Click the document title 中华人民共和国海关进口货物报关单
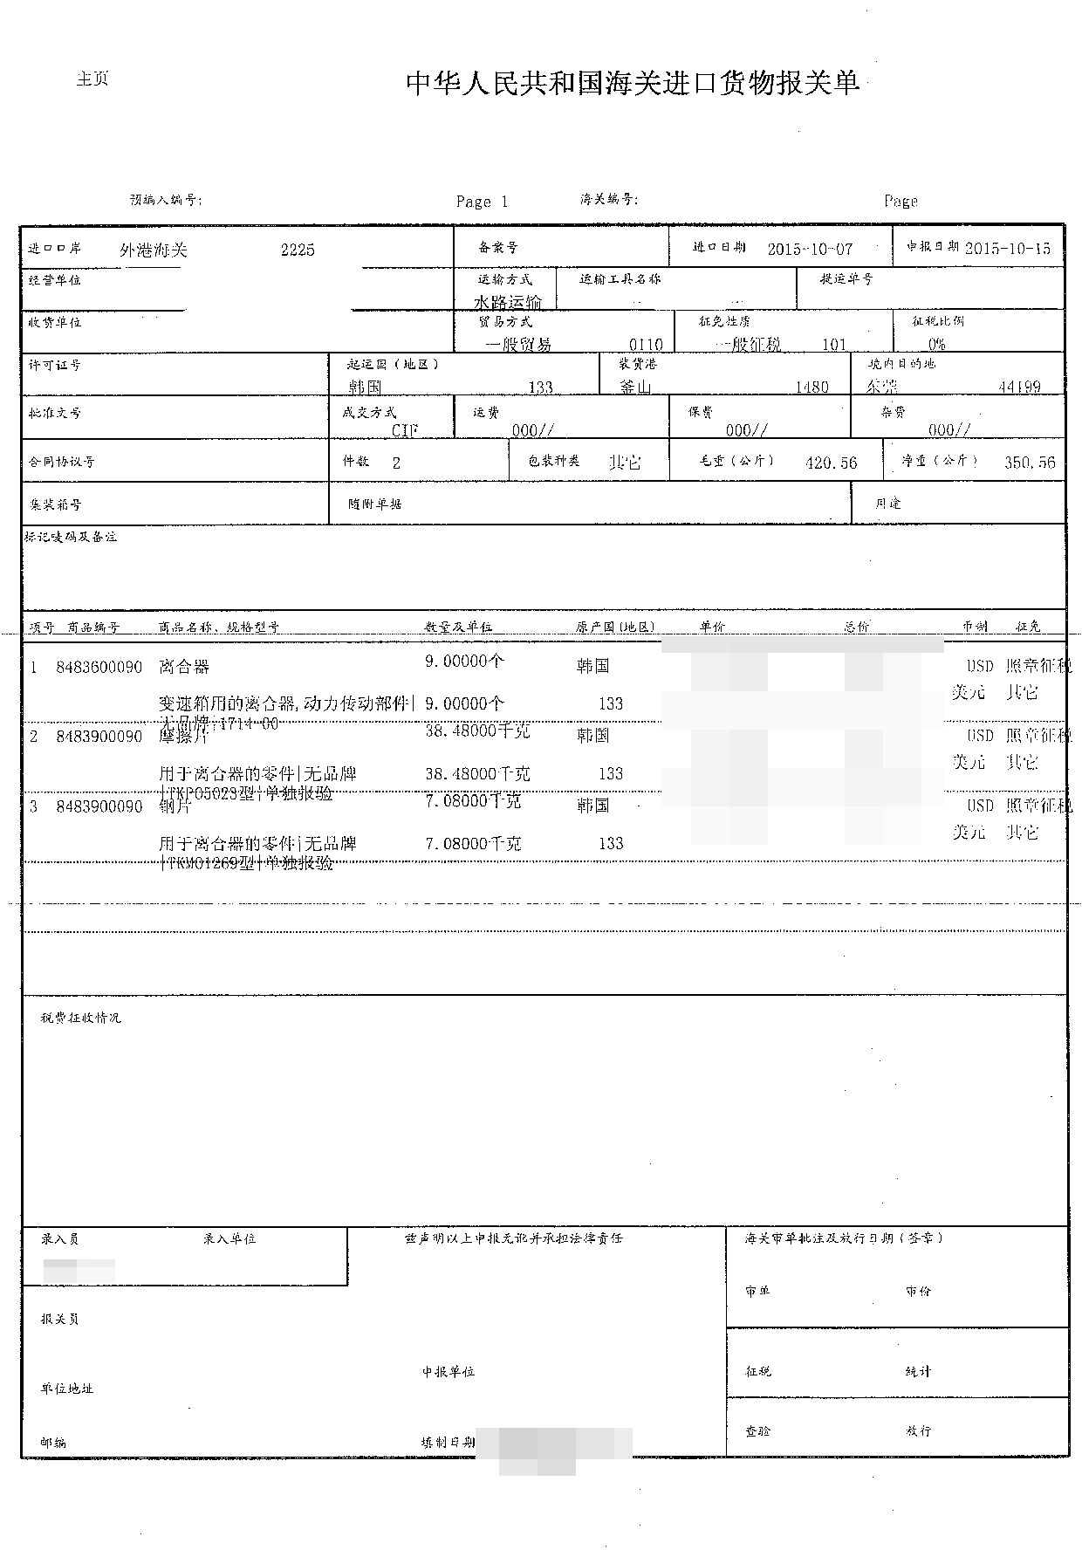click(633, 83)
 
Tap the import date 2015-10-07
click(810, 249)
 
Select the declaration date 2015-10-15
click(1008, 249)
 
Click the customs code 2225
click(298, 250)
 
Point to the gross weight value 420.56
click(831, 463)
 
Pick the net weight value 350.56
click(1030, 463)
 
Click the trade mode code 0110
click(646, 345)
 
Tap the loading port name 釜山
click(635, 387)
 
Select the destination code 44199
click(1019, 387)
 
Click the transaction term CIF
click(405, 431)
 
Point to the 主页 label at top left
click(92, 79)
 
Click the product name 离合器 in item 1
click(184, 668)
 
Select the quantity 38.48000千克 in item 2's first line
click(477, 731)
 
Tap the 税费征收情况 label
click(80, 1018)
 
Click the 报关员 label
click(59, 1319)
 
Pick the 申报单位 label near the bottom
click(449, 1372)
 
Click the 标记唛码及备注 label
click(71, 537)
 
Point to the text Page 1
click(482, 202)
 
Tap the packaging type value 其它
click(625, 463)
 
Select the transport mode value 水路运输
click(508, 302)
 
